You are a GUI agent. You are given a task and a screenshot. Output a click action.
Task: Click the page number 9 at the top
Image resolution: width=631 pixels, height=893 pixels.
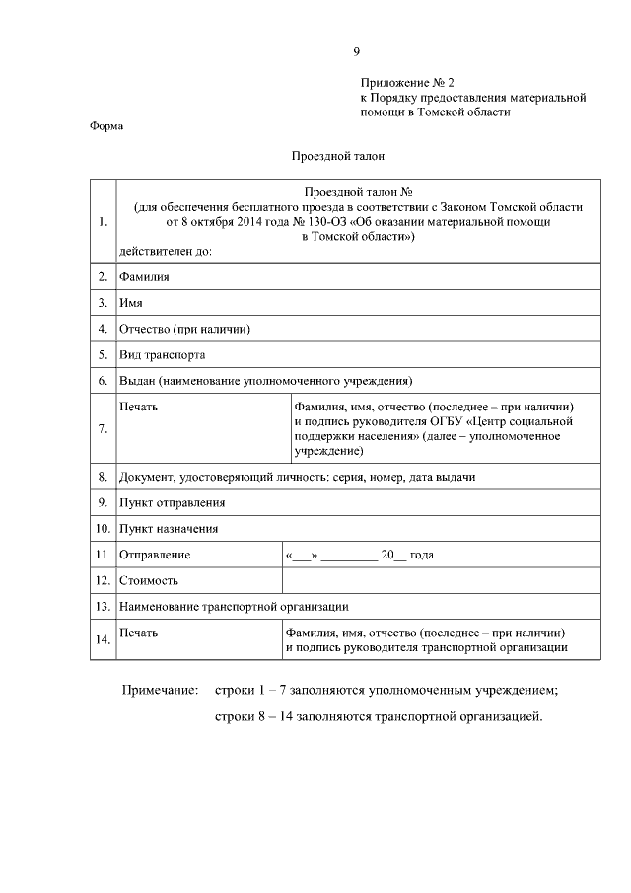357,51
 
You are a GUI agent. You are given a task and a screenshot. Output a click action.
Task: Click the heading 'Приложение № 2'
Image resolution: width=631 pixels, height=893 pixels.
406,83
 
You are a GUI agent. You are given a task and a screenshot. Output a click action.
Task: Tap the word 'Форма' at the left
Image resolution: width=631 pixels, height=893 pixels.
106,126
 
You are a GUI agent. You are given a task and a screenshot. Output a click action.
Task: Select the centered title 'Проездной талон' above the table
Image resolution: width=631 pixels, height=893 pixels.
337,155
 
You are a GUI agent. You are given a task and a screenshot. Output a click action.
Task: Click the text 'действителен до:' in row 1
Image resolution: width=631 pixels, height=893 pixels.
165,251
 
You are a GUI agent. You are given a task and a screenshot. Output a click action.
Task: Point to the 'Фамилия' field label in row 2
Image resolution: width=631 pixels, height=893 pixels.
144,277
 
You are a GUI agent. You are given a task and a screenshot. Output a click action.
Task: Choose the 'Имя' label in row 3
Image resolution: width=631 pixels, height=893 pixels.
131,303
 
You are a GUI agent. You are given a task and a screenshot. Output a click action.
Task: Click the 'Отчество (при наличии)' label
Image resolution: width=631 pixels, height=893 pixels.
183,329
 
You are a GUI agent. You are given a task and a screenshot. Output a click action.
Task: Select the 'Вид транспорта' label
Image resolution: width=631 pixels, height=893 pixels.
162,354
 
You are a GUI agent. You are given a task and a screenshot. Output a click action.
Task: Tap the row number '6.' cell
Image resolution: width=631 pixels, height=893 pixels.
102,380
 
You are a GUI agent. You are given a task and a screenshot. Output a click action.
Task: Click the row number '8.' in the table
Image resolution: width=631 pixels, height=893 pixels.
102,477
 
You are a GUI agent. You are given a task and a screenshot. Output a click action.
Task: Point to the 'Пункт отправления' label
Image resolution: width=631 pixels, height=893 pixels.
172,502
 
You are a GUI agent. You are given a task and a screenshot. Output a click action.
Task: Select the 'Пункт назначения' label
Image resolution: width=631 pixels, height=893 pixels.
169,528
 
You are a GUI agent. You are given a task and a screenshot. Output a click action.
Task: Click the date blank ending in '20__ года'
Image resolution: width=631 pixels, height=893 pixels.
359,555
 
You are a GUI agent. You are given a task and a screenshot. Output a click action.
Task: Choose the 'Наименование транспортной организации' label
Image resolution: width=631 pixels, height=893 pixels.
234,606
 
